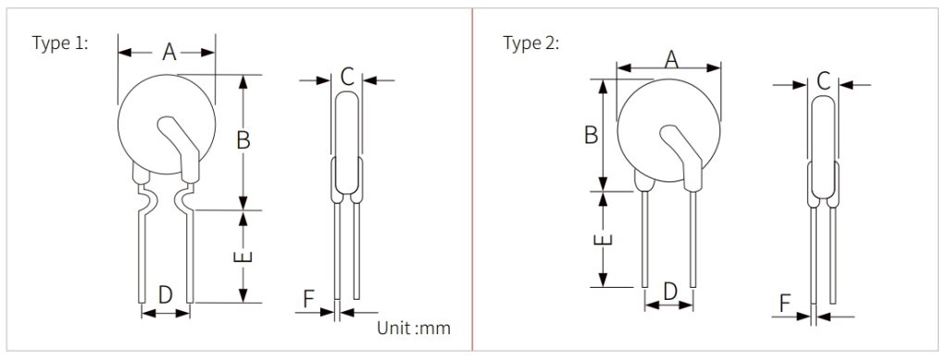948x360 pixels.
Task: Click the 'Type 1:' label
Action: coord(59,43)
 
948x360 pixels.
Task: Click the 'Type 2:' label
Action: coord(530,43)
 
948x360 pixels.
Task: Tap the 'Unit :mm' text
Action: coord(412,328)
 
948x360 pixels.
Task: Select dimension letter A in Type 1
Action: coord(168,53)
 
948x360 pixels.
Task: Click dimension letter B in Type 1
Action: coord(243,141)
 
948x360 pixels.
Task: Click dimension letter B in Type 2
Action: coord(591,135)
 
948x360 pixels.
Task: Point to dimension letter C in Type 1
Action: coord(346,77)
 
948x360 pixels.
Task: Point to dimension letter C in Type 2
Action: coord(822,81)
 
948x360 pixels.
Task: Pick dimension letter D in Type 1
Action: coord(165,295)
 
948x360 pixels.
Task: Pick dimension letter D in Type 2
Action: coord(669,291)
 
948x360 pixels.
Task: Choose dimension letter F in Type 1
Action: coord(309,298)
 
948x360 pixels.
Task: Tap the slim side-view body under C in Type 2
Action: coord(822,148)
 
